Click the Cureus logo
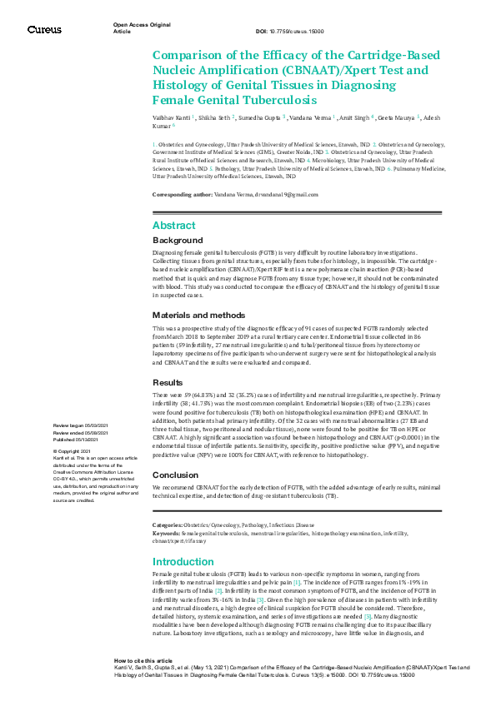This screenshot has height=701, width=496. click(x=44, y=29)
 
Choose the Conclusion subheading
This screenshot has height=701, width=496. click(x=175, y=475)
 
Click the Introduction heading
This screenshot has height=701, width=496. click(x=183, y=562)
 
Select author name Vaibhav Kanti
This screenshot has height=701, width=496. click(x=172, y=118)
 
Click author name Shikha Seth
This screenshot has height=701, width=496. click(x=214, y=118)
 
